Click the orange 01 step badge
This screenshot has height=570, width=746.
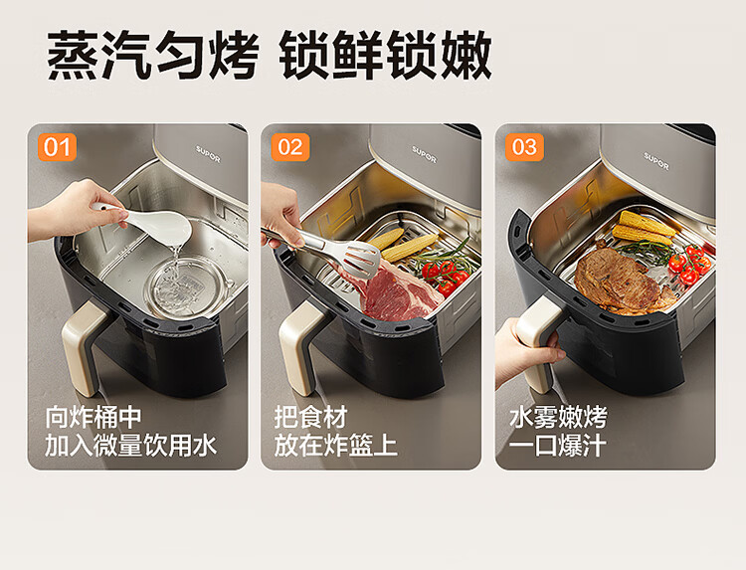click(57, 147)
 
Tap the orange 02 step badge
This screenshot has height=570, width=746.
click(290, 147)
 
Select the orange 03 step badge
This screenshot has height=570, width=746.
click(524, 147)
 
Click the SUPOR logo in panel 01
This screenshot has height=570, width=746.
click(209, 154)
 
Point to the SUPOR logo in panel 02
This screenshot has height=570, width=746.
click(424, 153)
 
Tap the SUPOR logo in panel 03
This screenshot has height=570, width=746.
click(656, 161)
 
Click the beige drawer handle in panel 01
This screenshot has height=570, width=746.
click(85, 347)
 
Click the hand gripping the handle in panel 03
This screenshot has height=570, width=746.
click(526, 352)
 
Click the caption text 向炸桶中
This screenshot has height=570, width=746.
click(93, 417)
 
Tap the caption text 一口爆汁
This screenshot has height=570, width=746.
click(558, 446)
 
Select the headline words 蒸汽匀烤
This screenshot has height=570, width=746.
click(153, 55)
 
